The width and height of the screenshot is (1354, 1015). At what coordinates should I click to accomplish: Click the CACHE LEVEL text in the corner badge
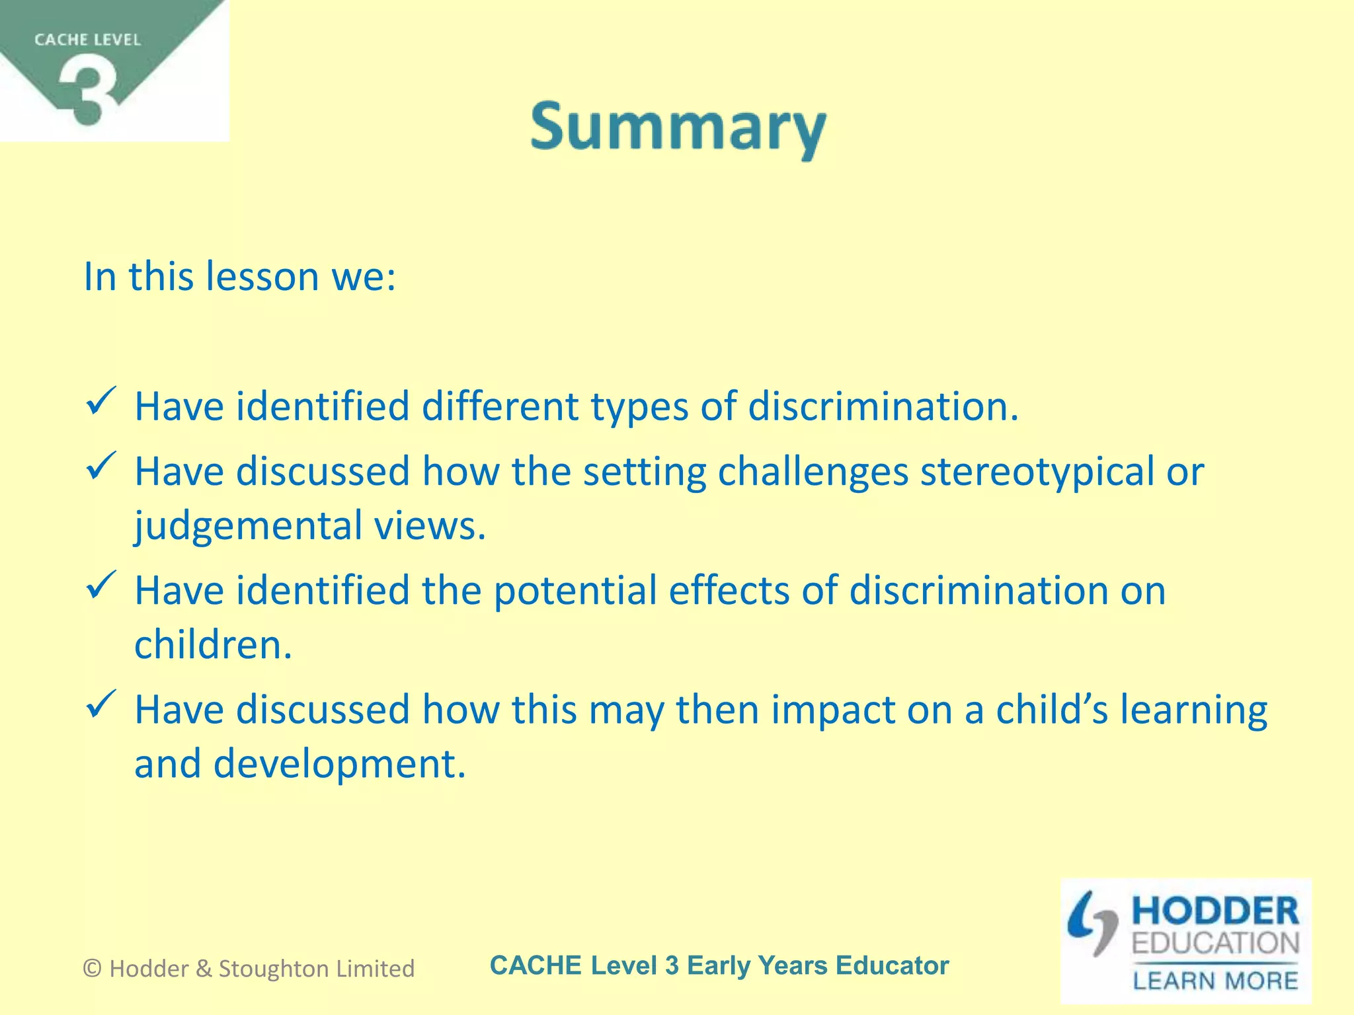[87, 40]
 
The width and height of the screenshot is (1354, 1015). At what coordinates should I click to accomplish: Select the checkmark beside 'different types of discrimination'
[101, 402]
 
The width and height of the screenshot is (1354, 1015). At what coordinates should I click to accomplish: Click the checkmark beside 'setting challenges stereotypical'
[101, 467]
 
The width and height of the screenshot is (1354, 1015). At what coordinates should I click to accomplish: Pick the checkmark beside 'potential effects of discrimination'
[101, 585]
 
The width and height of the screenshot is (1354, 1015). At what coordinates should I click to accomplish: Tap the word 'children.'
[213, 645]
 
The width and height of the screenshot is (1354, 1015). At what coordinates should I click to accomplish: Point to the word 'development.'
[339, 764]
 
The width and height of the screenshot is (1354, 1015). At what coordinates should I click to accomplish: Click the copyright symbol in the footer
[93, 969]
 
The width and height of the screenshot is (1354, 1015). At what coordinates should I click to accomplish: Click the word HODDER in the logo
[1215, 911]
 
